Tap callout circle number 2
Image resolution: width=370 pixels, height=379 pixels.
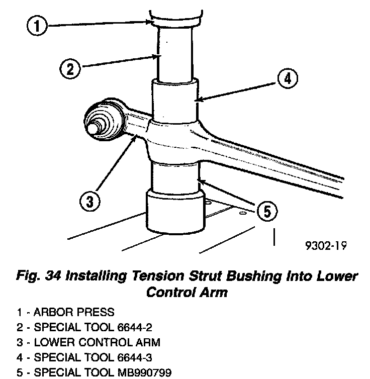(70, 68)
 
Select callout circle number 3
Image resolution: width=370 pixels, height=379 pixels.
(89, 203)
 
